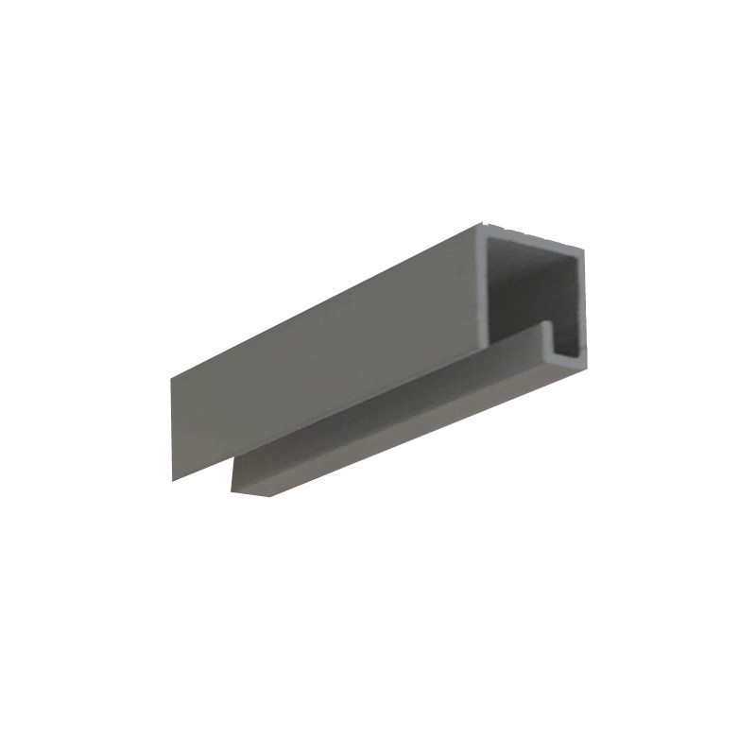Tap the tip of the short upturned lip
[547, 325]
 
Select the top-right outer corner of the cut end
[583, 249]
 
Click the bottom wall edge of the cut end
[567, 359]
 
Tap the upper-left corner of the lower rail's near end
[232, 463]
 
